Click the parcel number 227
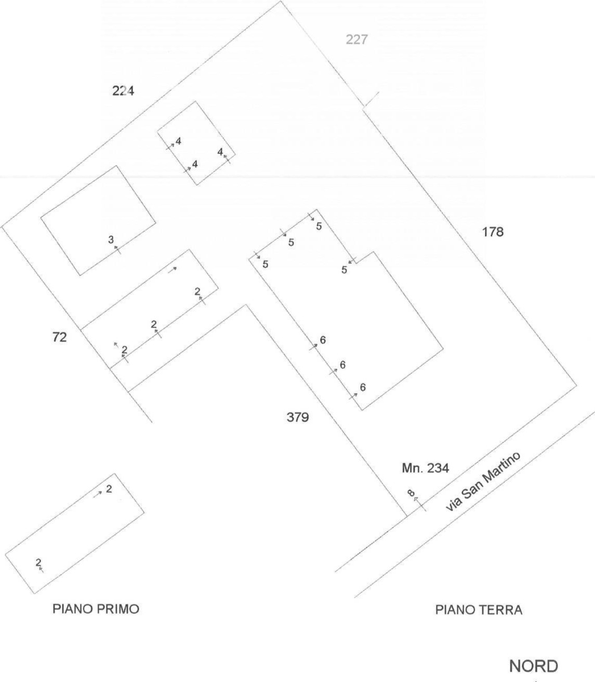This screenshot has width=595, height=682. (357, 40)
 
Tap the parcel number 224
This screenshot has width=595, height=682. (123, 90)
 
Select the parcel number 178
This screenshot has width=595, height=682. (493, 232)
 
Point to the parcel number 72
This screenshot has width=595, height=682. (60, 337)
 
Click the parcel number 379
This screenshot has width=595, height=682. (298, 417)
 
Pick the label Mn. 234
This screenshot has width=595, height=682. (426, 468)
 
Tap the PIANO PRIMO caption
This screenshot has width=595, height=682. (96, 609)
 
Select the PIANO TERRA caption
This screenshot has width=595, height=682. (479, 610)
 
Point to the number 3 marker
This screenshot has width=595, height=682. (111, 239)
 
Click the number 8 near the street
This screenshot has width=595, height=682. (411, 493)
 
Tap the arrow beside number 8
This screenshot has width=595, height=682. (420, 504)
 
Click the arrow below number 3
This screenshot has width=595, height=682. (117, 250)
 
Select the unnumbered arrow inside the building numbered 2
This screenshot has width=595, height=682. (172, 270)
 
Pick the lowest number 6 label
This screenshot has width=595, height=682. (363, 387)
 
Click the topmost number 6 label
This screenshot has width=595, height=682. (323, 340)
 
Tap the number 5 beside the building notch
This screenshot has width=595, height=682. (344, 270)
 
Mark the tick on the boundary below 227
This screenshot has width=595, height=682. (372, 99)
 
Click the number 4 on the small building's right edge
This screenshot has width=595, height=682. (220, 152)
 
